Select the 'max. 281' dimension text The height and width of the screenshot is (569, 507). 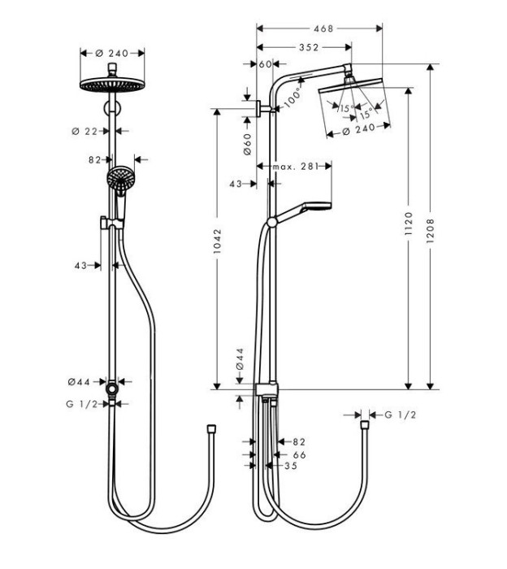click(293, 166)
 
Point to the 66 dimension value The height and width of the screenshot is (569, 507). click(299, 455)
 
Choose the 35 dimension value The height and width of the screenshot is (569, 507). click(290, 466)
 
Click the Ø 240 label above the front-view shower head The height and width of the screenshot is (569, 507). click(113, 53)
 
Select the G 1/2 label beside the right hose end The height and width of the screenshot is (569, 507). click(400, 415)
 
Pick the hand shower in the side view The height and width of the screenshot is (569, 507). click(305, 206)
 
